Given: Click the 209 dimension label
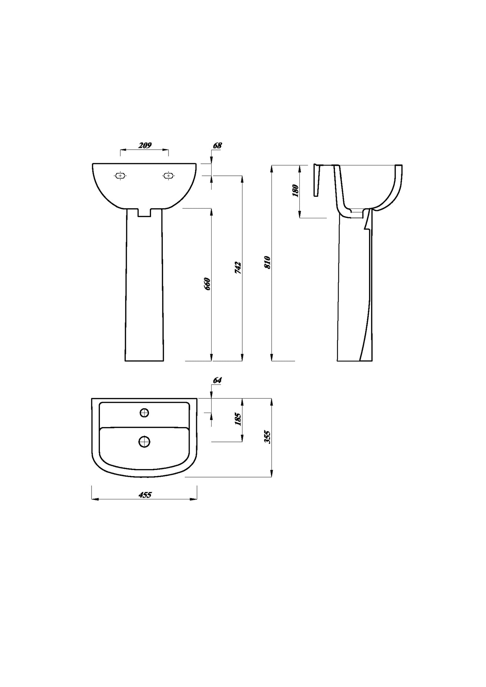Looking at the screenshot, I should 145,145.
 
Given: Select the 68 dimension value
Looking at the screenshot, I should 218,146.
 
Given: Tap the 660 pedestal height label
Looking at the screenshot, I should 207,284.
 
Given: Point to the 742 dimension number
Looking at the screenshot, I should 238,267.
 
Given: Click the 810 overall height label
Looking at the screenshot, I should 267,262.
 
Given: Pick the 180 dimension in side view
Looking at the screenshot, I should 296,191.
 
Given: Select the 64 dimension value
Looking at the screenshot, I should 217,380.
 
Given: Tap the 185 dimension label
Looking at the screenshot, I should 238,419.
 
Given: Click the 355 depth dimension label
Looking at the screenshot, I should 267,437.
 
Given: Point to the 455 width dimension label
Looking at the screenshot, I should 145,495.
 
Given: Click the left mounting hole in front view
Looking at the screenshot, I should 120,176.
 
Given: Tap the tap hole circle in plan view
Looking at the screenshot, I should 145,413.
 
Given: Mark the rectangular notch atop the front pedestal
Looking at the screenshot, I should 145,213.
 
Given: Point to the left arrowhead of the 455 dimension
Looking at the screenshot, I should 94,499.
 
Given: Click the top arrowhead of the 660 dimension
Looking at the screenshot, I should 211,211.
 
